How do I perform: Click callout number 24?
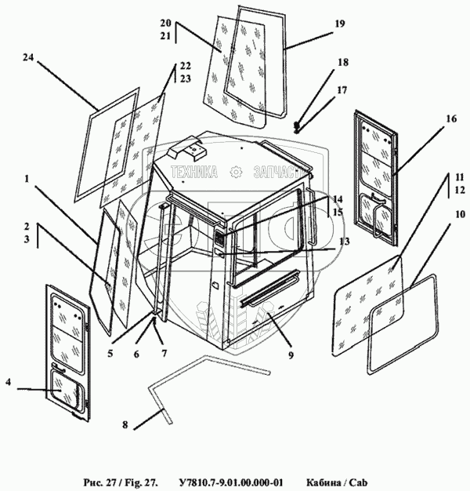pos(28,57)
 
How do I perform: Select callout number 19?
pos(339,24)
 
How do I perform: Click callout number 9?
pos(291,355)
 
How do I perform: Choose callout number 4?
pos(7,383)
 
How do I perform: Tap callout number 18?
pos(343,62)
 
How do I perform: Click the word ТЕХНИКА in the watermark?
pos(194,173)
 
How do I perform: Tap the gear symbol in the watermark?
pos(235,173)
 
